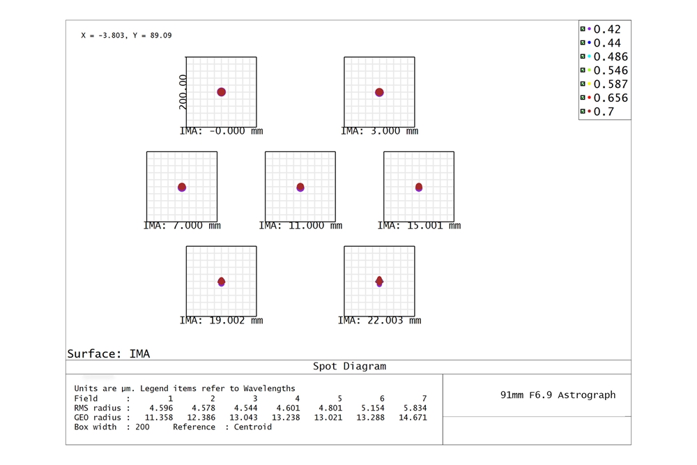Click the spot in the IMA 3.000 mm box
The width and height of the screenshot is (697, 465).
point(379,92)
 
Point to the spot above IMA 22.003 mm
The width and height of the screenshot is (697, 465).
point(379,281)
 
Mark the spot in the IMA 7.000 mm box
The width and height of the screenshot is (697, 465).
point(182,187)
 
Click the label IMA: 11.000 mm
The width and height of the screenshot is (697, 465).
point(300,226)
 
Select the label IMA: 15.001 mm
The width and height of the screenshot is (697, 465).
point(419,226)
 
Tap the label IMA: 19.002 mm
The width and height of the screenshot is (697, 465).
point(221,321)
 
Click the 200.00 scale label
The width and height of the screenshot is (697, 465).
point(183,92)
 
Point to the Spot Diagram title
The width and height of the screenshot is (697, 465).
point(348,366)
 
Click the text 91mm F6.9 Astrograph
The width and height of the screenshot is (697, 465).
point(558,395)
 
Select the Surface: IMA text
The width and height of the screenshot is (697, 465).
point(108,353)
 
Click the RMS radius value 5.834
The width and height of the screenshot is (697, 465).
point(414,408)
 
